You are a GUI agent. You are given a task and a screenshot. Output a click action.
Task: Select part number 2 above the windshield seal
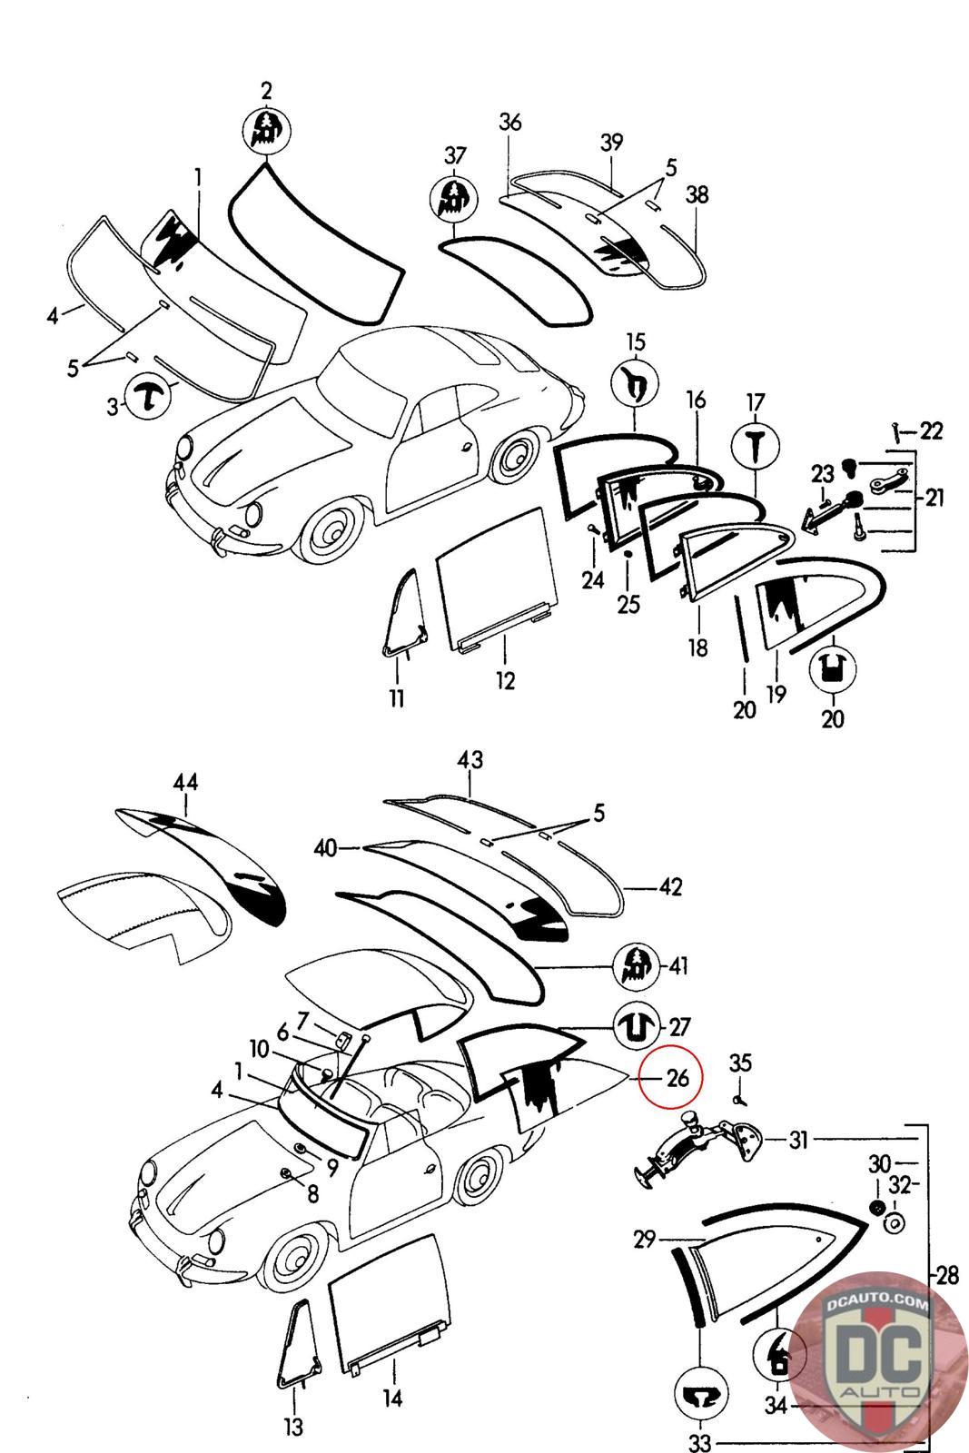coord(266,91)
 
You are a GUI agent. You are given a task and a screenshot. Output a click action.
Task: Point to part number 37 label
coord(454,155)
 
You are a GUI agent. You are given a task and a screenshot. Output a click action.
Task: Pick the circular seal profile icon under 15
coord(636,385)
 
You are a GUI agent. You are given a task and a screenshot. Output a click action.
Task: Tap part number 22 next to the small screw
coord(931,431)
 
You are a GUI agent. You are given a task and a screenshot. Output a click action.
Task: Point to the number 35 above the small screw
coord(741,1062)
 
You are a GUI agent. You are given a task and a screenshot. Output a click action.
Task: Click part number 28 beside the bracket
coord(947,1276)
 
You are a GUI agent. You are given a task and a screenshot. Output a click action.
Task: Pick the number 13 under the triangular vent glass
coord(293,1427)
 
